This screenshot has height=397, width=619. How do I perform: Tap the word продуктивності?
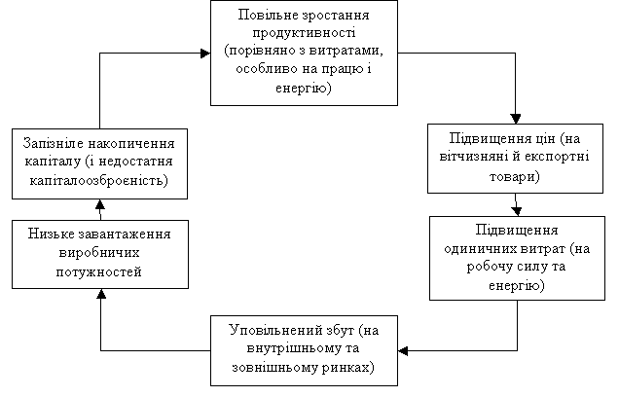(x=304, y=33)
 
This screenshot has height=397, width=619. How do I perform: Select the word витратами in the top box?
(x=346, y=51)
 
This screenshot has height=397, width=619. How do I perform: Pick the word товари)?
(x=515, y=176)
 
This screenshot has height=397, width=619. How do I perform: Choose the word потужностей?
(x=98, y=272)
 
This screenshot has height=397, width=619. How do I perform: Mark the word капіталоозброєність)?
(x=99, y=180)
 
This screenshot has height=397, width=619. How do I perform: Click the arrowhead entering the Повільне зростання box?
(x=205, y=54)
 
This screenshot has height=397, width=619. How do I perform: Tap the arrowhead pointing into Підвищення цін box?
(x=516, y=119)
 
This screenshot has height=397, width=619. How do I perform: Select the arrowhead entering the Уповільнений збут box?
(x=403, y=350)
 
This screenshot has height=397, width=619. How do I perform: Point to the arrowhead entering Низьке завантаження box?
(x=101, y=294)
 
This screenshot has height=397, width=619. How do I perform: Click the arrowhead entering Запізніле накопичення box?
(x=100, y=204)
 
